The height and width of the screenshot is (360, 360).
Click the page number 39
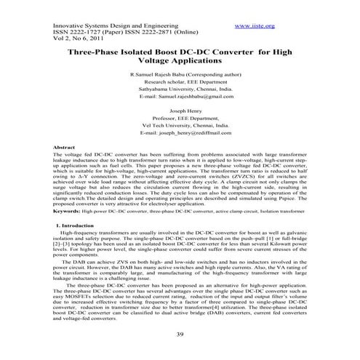[x=180, y=334]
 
